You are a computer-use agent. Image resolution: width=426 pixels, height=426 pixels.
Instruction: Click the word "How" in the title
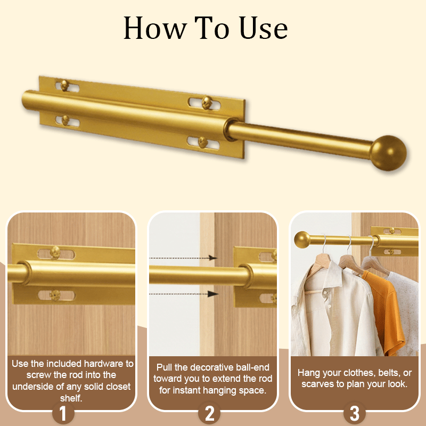point(155,28)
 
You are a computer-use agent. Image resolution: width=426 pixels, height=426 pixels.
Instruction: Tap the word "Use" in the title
point(263,28)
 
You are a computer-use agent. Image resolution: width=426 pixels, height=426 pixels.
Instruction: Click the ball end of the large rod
point(389,153)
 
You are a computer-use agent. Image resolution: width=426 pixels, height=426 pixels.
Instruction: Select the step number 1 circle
point(63,413)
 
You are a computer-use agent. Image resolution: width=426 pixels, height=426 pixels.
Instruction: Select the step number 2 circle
point(209,413)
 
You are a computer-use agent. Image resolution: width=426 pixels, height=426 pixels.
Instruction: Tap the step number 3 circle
point(354,413)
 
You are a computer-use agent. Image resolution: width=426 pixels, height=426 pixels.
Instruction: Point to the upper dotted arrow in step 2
point(183,258)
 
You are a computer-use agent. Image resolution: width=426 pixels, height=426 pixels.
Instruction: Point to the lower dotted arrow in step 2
point(184,294)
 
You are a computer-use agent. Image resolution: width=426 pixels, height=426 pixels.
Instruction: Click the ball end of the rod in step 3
point(302,240)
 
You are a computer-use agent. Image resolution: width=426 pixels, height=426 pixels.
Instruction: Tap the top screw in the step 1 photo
point(55,252)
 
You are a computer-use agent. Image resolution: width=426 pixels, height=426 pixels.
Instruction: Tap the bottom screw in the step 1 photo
point(55,295)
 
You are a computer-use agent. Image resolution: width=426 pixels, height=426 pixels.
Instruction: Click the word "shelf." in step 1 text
point(71,398)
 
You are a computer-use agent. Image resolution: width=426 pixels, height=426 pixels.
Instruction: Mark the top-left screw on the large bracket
point(64,85)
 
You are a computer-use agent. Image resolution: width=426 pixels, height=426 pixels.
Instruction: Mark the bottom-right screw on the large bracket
point(203,142)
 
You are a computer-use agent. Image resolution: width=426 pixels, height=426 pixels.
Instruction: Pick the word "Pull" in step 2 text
point(165,367)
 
